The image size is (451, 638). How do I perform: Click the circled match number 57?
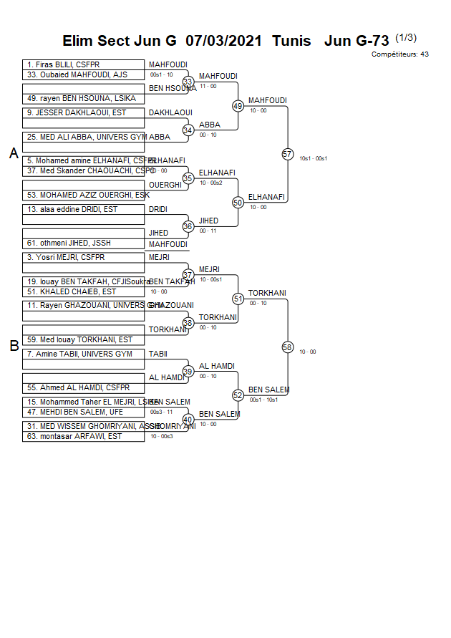(287, 154)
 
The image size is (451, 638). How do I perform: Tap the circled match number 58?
(287, 347)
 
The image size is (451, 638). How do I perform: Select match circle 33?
(188, 82)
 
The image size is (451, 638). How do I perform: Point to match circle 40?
(188, 420)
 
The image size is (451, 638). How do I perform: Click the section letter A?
(14, 153)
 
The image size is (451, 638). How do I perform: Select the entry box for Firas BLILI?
(83, 64)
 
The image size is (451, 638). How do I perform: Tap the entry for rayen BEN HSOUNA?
(83, 98)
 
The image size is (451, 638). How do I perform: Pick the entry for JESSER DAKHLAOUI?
(83, 112)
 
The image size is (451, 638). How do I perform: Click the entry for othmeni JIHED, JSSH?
(83, 243)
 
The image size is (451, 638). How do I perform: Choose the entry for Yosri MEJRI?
(83, 257)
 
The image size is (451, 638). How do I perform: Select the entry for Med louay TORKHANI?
(83, 339)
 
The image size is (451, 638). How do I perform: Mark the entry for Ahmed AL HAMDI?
(83, 387)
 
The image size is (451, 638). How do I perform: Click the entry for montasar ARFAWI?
(83, 436)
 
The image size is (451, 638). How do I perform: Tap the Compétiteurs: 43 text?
(399, 54)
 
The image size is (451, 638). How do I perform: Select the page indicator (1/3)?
(406, 38)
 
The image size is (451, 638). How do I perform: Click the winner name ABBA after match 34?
(209, 125)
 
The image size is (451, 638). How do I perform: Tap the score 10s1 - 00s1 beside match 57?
(314, 158)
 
